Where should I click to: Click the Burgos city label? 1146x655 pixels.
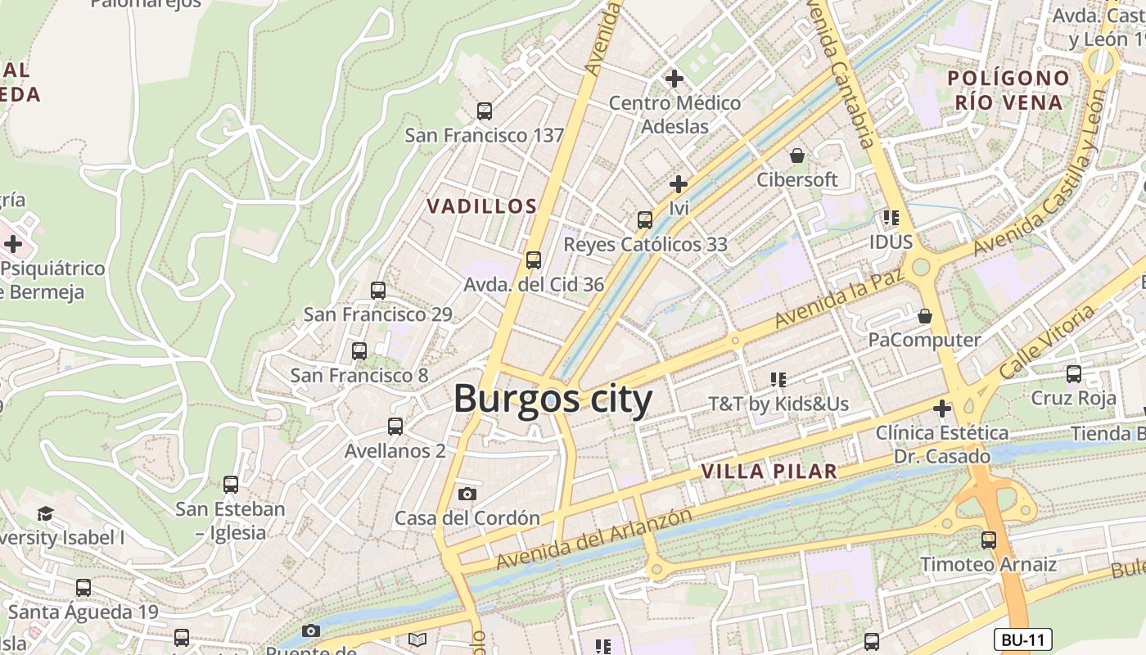pyautogui.click(x=553, y=400)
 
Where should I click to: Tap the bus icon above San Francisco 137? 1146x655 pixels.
pyautogui.click(x=485, y=111)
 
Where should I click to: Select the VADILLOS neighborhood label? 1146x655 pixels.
pyautogui.click(x=481, y=206)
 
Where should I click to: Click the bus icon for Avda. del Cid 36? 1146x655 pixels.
pyautogui.click(x=534, y=260)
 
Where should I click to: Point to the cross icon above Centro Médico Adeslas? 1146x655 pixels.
pyautogui.click(x=675, y=79)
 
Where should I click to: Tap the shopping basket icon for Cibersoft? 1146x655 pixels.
pyautogui.click(x=797, y=155)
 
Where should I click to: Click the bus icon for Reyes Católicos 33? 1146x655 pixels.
pyautogui.click(x=645, y=219)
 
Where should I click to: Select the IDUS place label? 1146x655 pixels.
pyautogui.click(x=891, y=242)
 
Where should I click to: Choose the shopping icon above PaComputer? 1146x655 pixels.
pyautogui.click(x=925, y=315)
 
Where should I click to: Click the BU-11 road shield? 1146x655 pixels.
pyautogui.click(x=1022, y=640)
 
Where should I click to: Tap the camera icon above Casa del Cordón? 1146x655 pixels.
pyautogui.click(x=467, y=494)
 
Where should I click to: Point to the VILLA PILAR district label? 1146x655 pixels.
pyautogui.click(x=769, y=472)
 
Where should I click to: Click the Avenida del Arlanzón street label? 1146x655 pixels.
pyautogui.click(x=594, y=540)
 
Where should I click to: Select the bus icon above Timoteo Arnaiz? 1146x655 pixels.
pyautogui.click(x=989, y=540)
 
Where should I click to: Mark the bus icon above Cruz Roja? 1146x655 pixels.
pyautogui.click(x=1074, y=374)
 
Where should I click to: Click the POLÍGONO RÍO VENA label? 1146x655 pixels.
pyautogui.click(x=1008, y=90)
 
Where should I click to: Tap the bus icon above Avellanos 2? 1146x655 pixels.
pyautogui.click(x=395, y=426)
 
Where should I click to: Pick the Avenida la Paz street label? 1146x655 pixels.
pyautogui.click(x=839, y=297)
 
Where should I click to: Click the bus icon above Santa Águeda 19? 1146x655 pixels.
pyautogui.click(x=83, y=587)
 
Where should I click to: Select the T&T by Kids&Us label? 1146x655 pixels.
pyautogui.click(x=778, y=404)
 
